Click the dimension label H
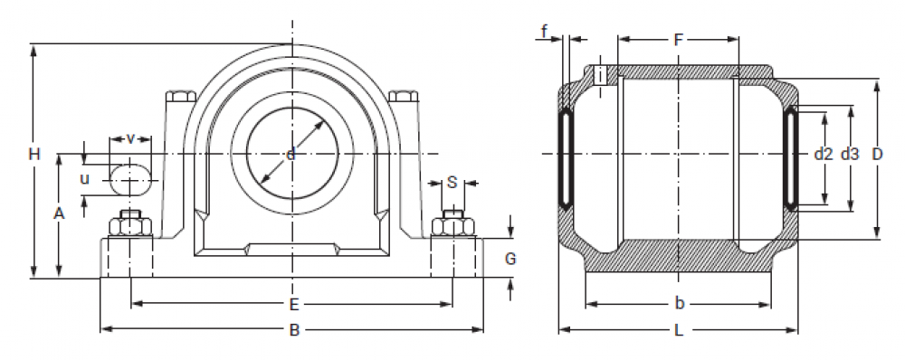pos(34,155)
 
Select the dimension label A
pos(59,214)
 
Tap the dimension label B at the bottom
pos(294,330)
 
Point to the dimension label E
pos(294,304)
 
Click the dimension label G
pos(510,259)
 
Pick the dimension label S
pos(452,183)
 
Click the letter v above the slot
pos(130,138)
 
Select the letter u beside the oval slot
pos(85,179)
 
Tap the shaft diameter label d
pos(291,154)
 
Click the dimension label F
pos(679,40)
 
